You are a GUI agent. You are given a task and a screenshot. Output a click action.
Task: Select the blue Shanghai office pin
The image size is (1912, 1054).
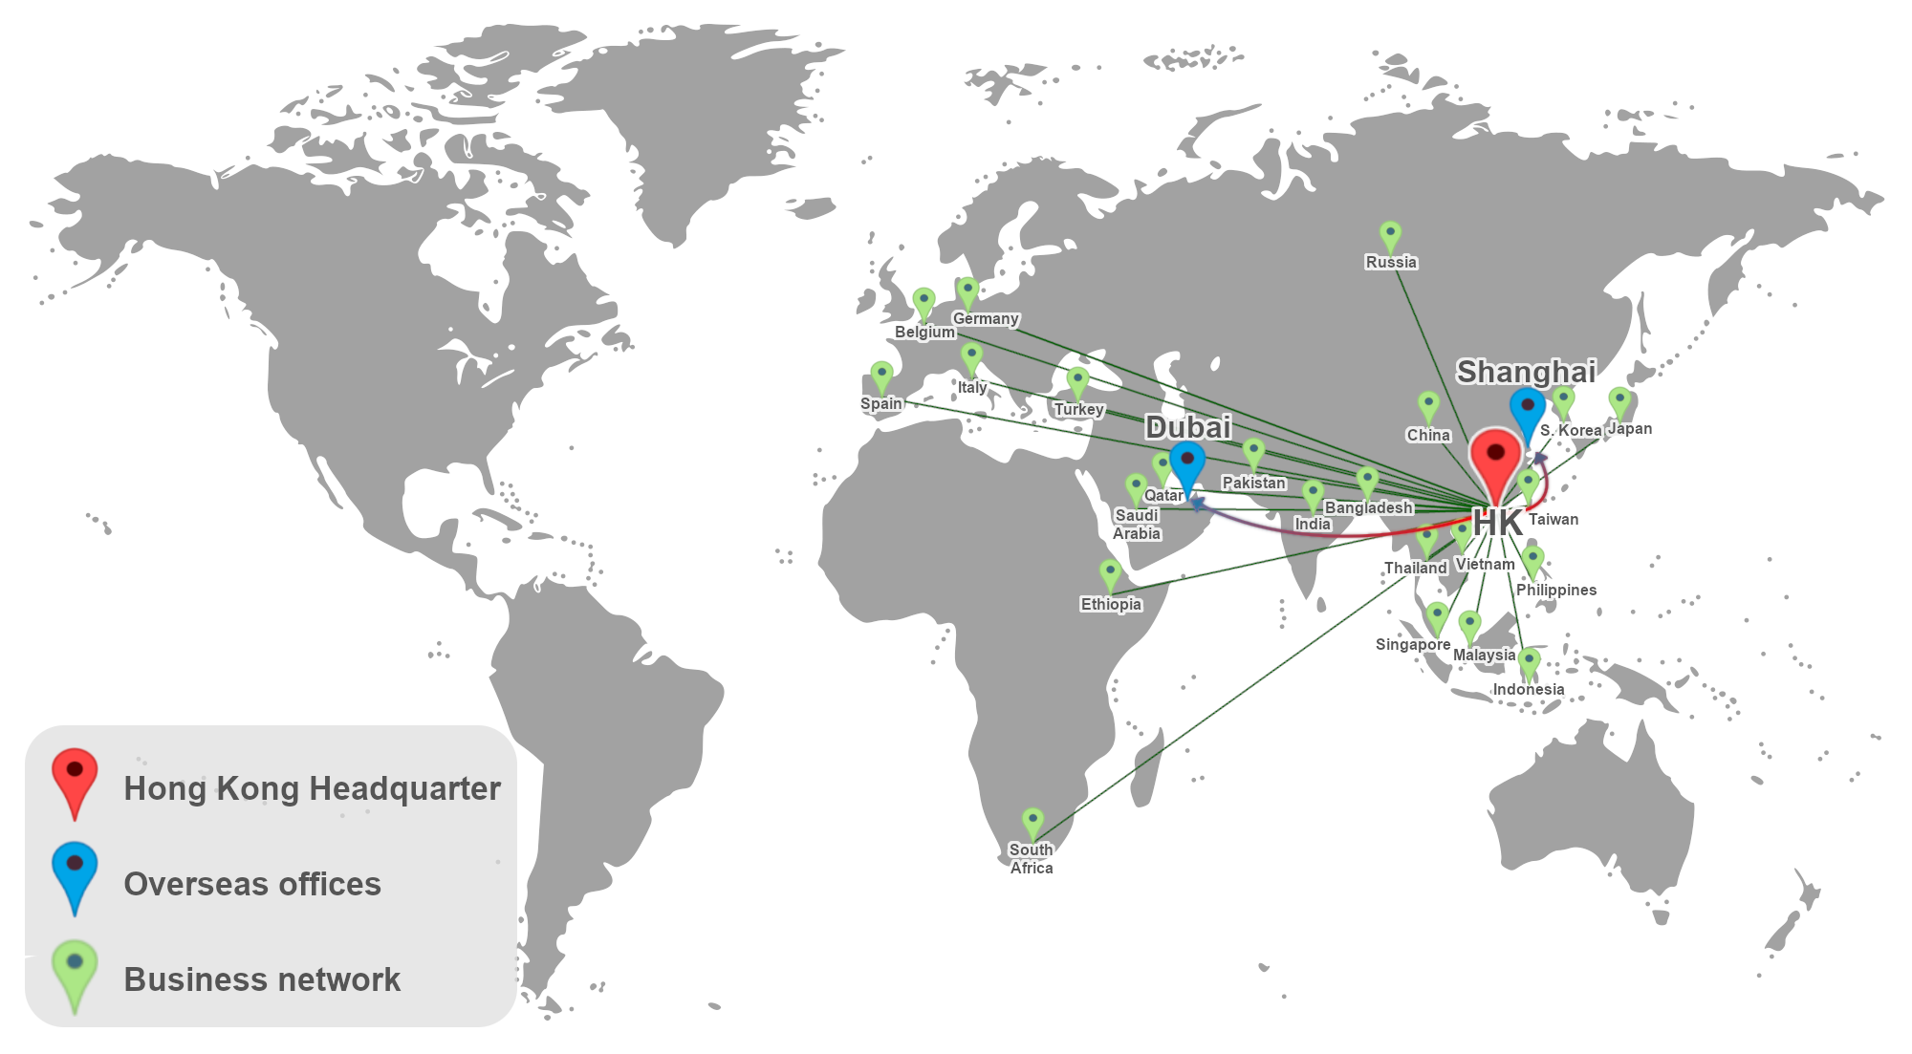pos(1527,410)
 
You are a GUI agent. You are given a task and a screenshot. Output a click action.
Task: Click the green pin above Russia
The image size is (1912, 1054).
pos(1390,235)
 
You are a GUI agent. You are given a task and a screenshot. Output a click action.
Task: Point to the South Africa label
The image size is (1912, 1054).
pos(1032,858)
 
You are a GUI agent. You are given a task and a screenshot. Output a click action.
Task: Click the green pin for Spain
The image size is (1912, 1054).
pos(881,376)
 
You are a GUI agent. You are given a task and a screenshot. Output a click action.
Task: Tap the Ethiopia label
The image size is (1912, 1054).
pos(1111,604)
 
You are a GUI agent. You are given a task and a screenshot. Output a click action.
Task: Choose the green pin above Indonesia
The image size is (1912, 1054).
pos(1530,662)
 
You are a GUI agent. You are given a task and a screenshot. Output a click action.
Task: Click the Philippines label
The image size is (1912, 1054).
pos(1556,590)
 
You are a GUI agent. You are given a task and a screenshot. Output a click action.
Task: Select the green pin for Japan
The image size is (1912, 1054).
pos(1619,401)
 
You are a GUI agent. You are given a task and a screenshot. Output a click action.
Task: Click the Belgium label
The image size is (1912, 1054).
pos(924,332)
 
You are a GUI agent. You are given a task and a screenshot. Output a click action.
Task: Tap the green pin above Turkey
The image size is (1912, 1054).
pos(1077,381)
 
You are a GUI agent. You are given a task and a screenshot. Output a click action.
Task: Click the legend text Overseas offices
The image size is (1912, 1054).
pos(252,884)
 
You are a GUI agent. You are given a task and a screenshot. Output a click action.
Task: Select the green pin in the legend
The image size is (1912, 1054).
pos(75,969)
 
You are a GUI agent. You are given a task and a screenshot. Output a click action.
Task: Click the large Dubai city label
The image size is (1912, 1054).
pos(1188,427)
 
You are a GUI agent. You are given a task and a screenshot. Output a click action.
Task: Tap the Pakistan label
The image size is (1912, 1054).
pos(1254,483)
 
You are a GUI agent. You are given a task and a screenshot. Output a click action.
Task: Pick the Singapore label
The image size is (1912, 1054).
pos(1413,644)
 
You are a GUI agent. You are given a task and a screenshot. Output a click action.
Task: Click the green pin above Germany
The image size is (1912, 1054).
pos(967,291)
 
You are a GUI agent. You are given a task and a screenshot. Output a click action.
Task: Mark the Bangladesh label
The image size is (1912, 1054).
pos(1369,507)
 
